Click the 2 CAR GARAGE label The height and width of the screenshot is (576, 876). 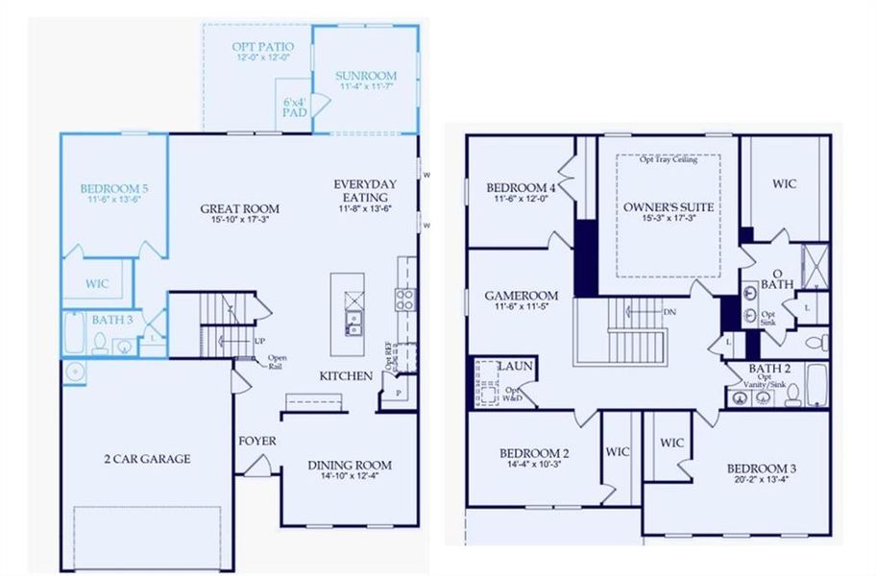pos(147,459)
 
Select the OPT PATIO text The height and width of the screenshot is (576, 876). pos(261,46)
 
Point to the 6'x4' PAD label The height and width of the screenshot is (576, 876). pos(294,106)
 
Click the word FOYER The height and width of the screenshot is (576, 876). pos(257,441)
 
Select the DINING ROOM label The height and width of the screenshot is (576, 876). pos(350,466)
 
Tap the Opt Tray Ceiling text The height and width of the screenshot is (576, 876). pos(669,159)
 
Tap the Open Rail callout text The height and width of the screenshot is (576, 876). pos(279,363)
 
